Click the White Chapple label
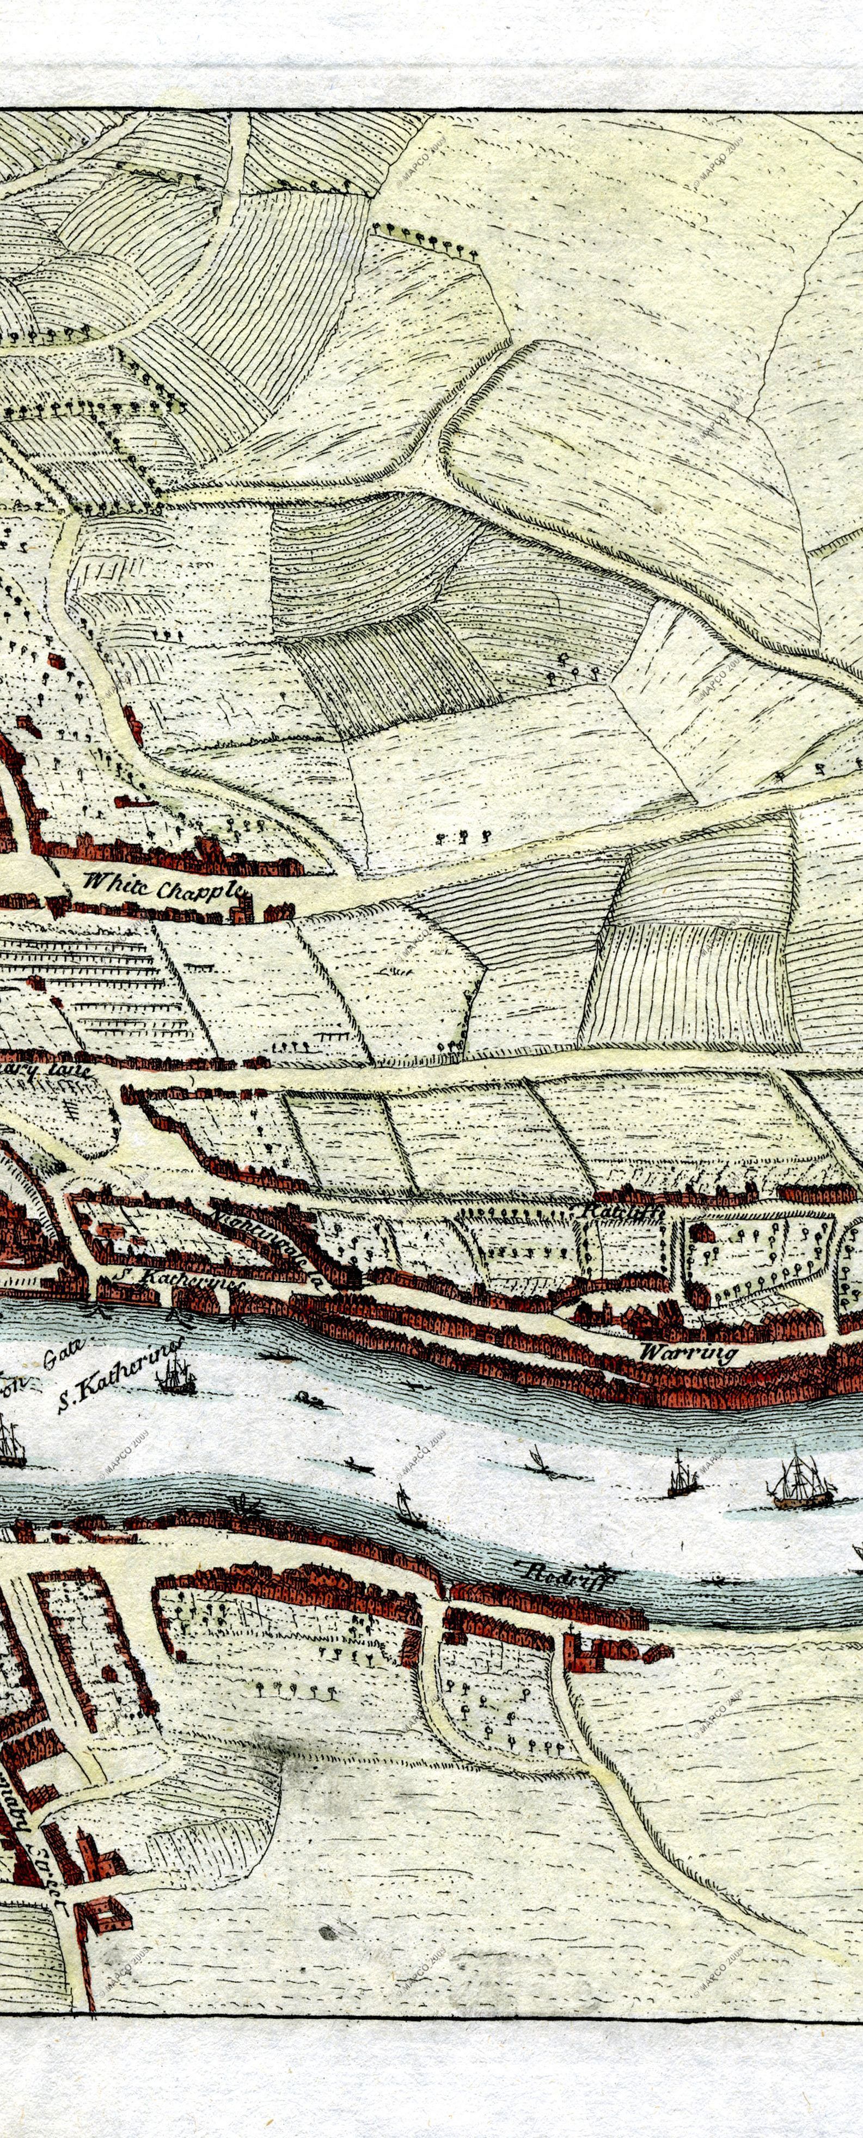click(163, 889)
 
